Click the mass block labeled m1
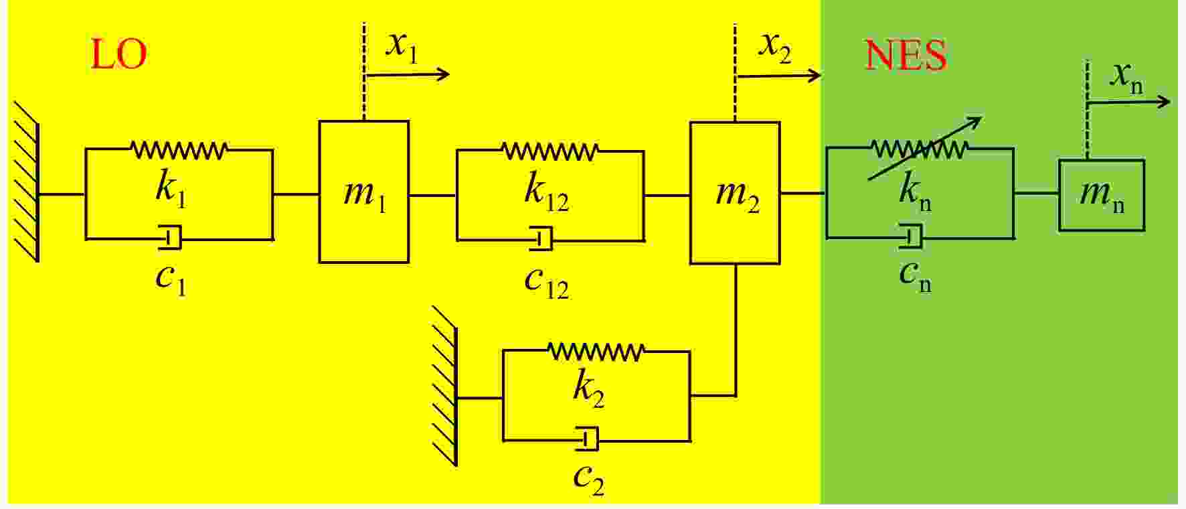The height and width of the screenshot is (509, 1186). tap(363, 192)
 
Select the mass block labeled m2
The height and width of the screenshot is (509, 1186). tap(735, 192)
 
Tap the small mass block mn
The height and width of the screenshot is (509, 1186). tap(1102, 195)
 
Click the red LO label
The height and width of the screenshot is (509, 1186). tap(118, 54)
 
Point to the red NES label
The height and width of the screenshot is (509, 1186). tap(906, 55)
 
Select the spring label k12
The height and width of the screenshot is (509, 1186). tap(546, 190)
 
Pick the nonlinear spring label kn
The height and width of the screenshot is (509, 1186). tap(915, 192)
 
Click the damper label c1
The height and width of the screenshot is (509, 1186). tap(171, 279)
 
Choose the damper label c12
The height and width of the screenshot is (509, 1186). tap(546, 281)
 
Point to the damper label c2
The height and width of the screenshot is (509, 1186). tap(589, 478)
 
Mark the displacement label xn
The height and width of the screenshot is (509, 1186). tap(1127, 78)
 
